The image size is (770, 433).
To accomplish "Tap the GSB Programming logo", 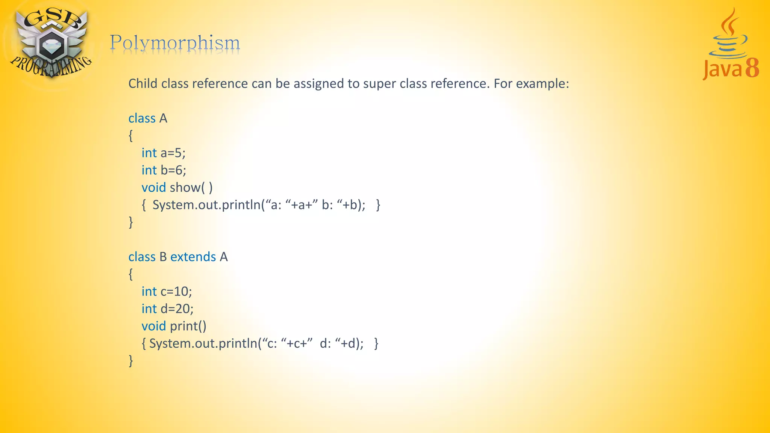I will [51, 43].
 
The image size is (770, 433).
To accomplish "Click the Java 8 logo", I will [731, 45].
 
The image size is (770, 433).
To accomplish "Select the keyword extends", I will [193, 257].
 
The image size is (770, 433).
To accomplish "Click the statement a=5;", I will [173, 153].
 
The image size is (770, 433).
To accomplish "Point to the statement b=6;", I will [173, 171].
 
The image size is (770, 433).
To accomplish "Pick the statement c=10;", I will [176, 292].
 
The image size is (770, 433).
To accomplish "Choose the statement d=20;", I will [177, 309].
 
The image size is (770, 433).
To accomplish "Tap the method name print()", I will [188, 326].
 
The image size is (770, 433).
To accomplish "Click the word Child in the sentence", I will [143, 84].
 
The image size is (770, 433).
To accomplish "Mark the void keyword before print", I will [153, 326].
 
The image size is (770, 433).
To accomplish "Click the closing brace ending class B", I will [131, 361].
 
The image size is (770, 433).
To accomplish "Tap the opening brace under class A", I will [131, 136].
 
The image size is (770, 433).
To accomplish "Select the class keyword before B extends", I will [142, 257].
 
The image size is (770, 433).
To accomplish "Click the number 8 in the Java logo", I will [752, 68].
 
